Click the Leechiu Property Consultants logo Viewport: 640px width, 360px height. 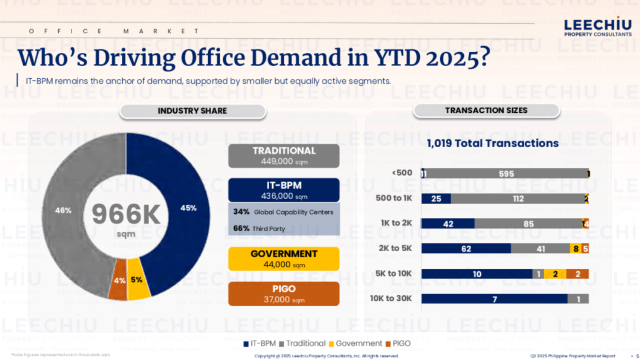(597, 27)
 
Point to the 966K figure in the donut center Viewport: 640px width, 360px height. (126, 215)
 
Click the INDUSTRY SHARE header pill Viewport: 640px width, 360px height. (192, 111)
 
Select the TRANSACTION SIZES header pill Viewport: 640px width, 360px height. (486, 110)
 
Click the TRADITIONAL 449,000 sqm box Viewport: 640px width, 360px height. (283, 156)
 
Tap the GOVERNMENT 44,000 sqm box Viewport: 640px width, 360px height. (283, 259)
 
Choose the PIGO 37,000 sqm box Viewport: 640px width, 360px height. (283, 294)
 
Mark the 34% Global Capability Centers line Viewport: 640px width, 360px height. (283, 212)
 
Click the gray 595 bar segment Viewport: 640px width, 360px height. (506, 174)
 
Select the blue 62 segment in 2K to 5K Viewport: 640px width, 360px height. (466, 248)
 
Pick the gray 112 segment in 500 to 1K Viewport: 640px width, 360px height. (517, 198)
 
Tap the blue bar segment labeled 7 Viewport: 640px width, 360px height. (494, 299)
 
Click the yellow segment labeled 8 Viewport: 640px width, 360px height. (575, 248)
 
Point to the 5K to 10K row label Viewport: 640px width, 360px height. (394, 273)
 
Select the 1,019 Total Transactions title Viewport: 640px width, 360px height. (492, 143)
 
